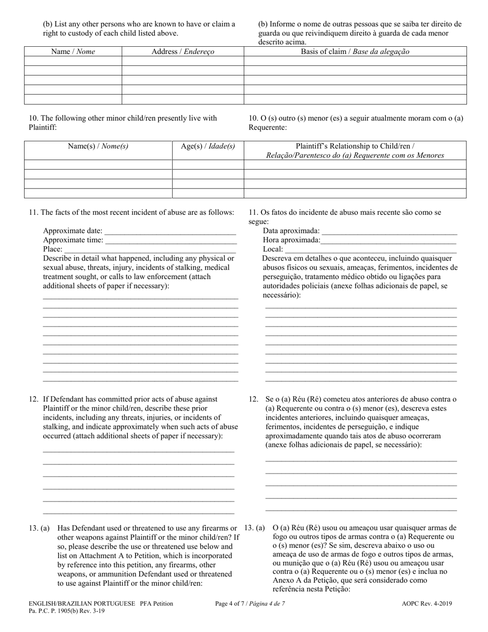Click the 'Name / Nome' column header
pos(72,51)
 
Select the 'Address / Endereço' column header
pos(182,51)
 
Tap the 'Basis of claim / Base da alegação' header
pos(355,51)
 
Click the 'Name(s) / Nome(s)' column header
pos(98,146)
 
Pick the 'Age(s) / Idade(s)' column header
pos(208,146)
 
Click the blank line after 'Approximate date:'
pos(170,231)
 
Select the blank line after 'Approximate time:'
pos(170,240)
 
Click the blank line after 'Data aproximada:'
pos(389,231)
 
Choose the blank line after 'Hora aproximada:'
pos(389,240)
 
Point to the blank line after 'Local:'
pos(370,250)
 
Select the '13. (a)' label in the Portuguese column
pos(254,528)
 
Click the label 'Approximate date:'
pos(72,231)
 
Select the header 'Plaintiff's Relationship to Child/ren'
pos(355,146)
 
